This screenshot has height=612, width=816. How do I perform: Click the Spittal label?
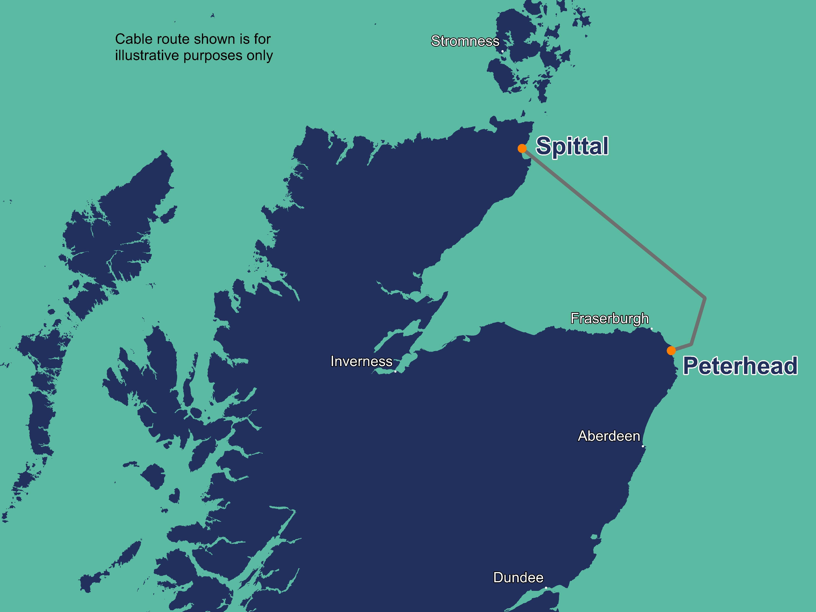click(x=572, y=146)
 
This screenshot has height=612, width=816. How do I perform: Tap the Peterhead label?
click(x=740, y=366)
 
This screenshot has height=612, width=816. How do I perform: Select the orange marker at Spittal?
click(x=522, y=148)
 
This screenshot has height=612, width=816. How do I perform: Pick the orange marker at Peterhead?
click(x=671, y=351)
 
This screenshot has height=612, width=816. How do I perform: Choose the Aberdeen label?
click(x=609, y=436)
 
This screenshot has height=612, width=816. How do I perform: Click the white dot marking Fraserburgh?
click(x=651, y=328)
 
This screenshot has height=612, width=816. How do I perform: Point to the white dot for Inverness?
click(x=395, y=371)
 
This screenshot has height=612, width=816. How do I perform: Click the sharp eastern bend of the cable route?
click(x=705, y=297)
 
